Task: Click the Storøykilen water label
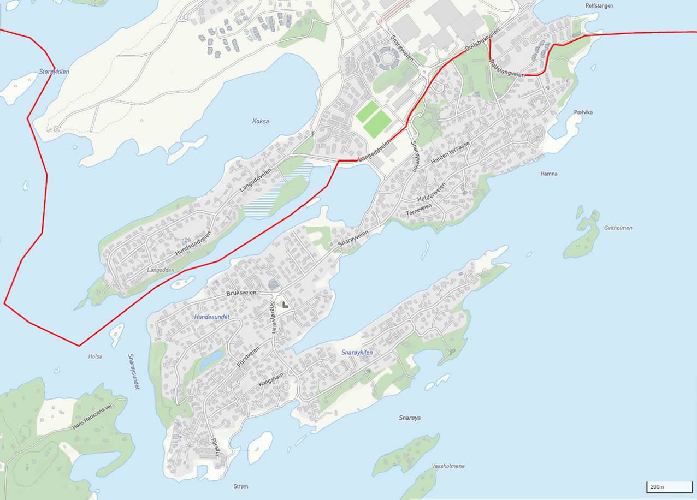coord(54,72)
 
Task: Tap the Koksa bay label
coord(261,122)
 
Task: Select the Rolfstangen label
coord(599,6)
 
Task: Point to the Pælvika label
coord(583,112)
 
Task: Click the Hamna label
coord(548,174)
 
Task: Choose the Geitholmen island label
coord(618,228)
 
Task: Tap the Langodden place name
coord(160,270)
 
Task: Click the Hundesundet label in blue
coord(212,317)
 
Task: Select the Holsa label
coord(94,356)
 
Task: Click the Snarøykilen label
coord(357,353)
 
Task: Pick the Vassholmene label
coord(448,466)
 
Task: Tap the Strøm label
coord(240,486)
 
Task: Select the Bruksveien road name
coord(241,293)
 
